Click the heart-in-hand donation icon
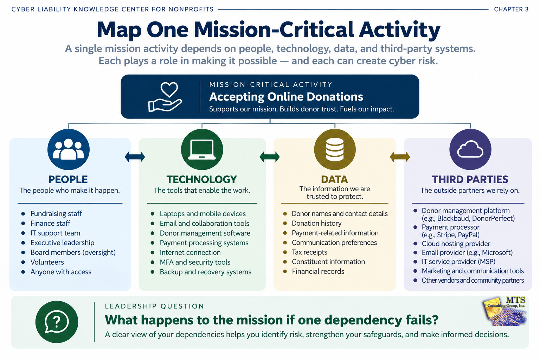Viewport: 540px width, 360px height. point(165,97)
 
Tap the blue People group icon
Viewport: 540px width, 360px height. point(69,149)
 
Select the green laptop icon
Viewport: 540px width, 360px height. point(202,149)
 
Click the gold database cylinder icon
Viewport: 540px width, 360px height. point(335,149)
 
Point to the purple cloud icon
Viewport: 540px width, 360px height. point(470,149)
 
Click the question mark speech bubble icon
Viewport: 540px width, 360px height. point(57,322)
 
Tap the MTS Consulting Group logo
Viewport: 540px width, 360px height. point(504,311)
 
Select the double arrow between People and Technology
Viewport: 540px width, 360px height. point(135,157)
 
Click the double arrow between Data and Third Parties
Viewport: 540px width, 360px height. point(400,157)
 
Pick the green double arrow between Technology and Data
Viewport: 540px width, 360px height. point(270,157)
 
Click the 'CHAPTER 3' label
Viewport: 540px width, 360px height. point(511,9)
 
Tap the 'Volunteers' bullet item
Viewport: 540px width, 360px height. point(47,262)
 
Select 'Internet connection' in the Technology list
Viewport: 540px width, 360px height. point(190,252)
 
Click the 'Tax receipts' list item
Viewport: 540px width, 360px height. point(309,252)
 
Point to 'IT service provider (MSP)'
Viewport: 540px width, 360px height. point(458,262)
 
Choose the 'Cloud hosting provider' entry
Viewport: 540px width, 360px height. point(456,244)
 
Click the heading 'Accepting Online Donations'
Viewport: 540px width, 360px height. point(286,97)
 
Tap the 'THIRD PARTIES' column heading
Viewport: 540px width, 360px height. point(470,179)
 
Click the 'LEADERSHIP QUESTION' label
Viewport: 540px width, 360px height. point(155,306)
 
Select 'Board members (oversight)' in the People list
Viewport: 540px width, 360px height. point(73,252)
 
